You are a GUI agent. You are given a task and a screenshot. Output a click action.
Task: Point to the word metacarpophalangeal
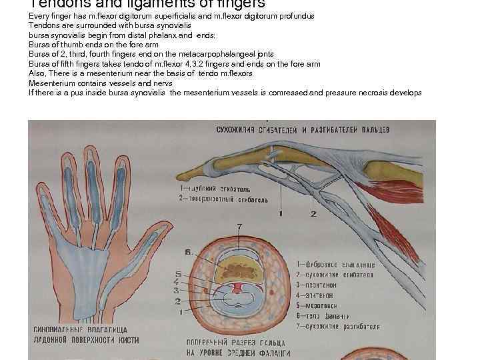click(x=209, y=54)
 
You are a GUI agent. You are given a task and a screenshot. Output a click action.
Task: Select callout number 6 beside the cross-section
click(x=189, y=252)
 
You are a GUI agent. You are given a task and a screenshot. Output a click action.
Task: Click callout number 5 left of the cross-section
click(x=177, y=274)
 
